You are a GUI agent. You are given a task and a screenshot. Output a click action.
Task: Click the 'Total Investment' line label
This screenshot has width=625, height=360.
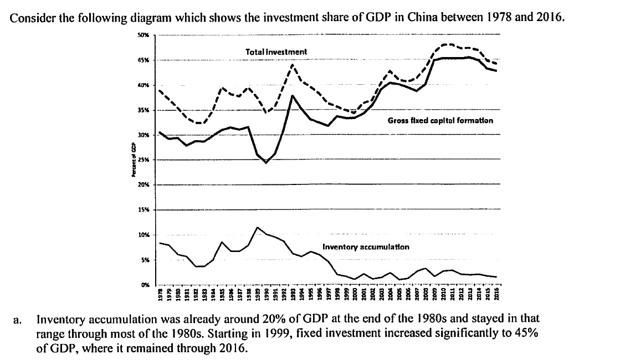coord(276,52)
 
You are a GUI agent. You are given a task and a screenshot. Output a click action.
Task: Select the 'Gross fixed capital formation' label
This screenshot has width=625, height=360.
coord(440,120)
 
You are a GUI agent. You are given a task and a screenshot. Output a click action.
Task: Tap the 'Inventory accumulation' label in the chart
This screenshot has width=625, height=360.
coord(366,246)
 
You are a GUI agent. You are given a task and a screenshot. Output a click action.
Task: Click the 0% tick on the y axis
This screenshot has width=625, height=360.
coord(144,285)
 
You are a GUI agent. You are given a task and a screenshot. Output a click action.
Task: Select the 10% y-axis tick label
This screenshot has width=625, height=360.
coord(143,235)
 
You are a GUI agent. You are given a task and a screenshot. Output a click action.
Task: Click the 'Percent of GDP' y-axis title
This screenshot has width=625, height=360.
coord(133,160)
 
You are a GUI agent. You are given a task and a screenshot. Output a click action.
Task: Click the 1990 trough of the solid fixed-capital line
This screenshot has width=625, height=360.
coord(266,163)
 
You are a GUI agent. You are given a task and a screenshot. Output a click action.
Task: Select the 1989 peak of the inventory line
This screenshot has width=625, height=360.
coord(257,227)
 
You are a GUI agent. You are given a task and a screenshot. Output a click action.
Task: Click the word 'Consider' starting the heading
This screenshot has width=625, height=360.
coord(29,17)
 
